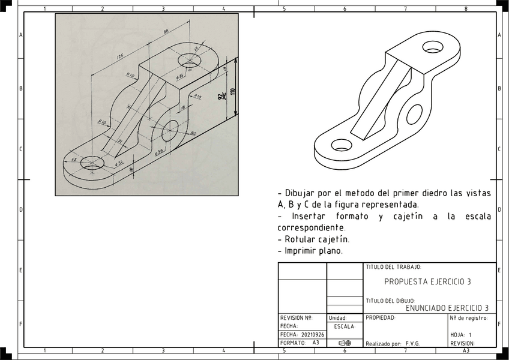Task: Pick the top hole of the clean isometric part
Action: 432,46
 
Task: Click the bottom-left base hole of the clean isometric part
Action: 341,145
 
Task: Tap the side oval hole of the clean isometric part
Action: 414,113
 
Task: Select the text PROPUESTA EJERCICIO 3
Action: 427,281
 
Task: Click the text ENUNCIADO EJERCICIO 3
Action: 451,308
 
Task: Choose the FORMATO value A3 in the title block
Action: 316,343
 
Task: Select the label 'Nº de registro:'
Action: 469,317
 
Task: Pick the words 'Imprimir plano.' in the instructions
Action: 314,251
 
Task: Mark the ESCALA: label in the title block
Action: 345,327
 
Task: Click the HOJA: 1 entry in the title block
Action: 461,335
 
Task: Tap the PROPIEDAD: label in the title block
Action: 381,317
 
